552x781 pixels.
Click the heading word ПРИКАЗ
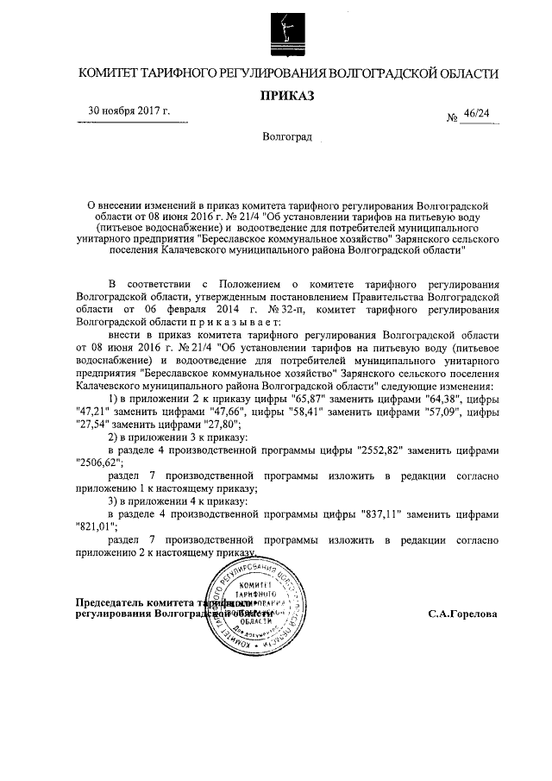pos(285,94)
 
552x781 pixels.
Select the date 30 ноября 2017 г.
pos(129,111)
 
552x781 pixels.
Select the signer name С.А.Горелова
pos(462,614)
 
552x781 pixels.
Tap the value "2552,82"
pos(378,450)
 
